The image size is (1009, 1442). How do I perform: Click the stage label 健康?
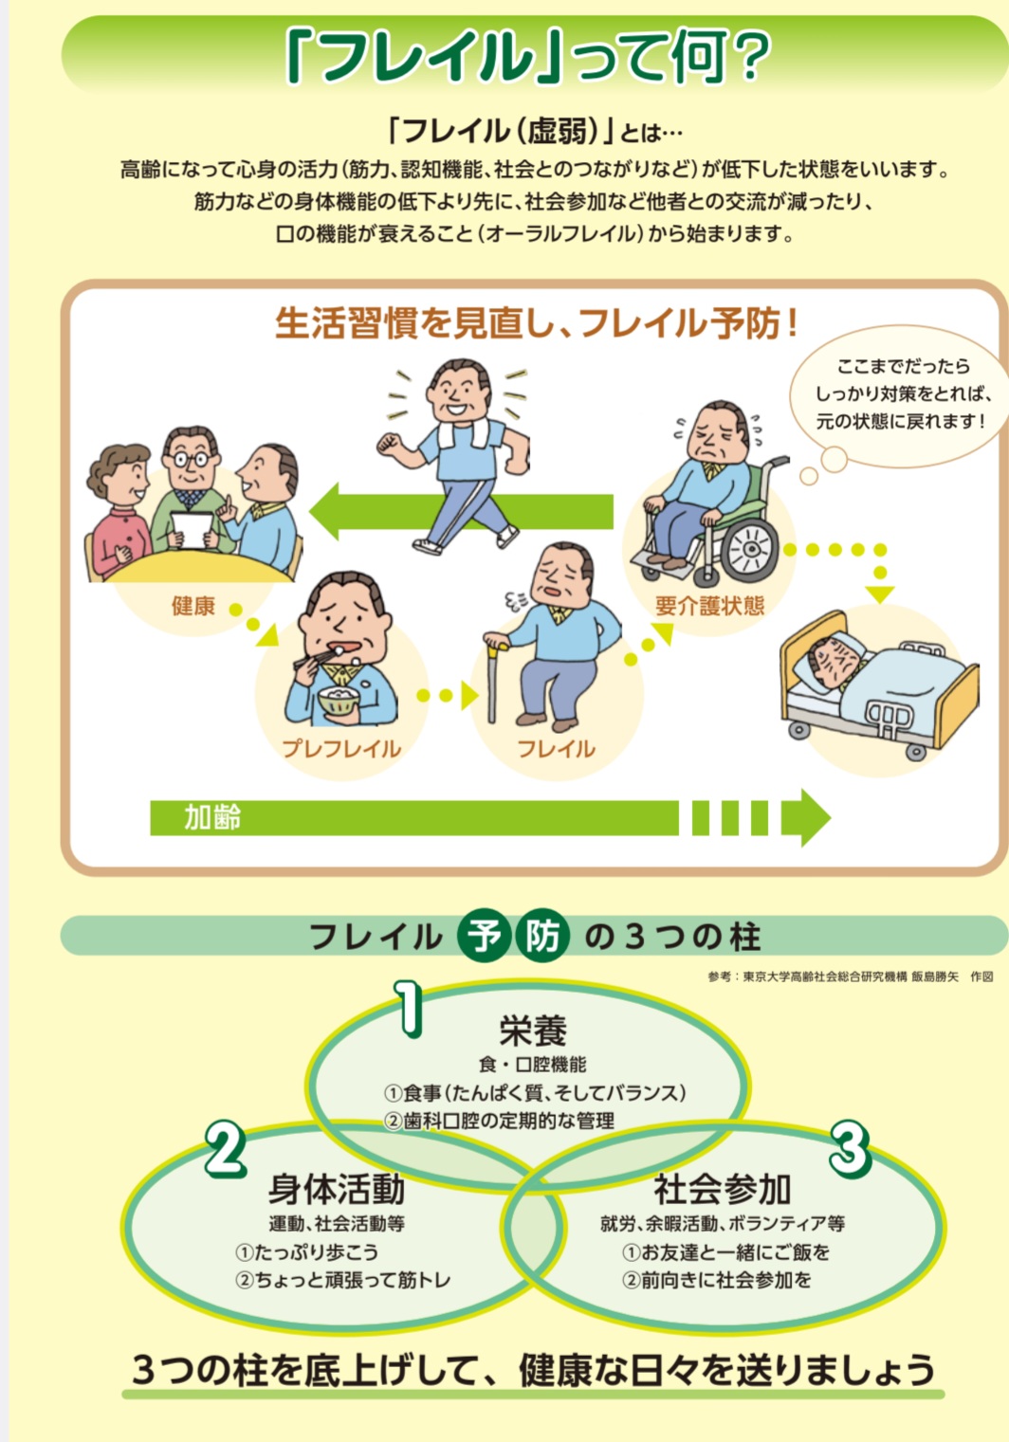[193, 606]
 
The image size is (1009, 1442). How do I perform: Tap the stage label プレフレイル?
[340, 749]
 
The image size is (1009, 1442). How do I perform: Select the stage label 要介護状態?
[709, 606]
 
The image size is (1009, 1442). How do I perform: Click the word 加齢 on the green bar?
[211, 817]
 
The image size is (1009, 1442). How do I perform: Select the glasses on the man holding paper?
[192, 458]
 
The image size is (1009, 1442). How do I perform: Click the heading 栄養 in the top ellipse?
[533, 1031]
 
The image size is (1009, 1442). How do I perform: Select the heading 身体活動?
[336, 1188]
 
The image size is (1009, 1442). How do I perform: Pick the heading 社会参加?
[722, 1188]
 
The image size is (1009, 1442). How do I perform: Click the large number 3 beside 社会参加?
[850, 1148]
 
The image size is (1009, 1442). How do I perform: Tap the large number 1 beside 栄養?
[408, 1008]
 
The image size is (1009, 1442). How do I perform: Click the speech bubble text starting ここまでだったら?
[902, 394]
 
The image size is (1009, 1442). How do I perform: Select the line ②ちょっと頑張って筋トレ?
[342, 1279]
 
